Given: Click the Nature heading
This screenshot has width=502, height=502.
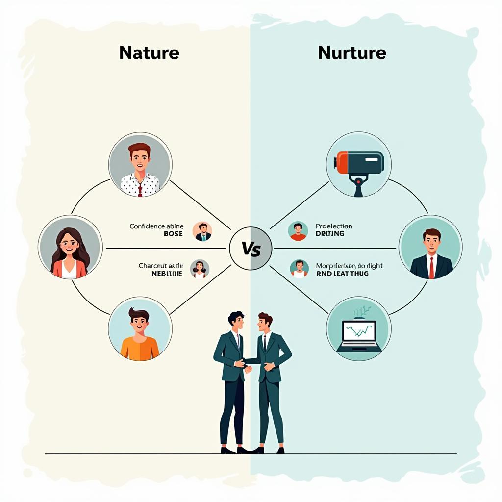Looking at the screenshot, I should (x=149, y=53).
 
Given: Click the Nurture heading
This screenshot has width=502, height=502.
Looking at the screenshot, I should (x=351, y=53).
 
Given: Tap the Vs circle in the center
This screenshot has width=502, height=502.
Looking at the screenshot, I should (x=251, y=248).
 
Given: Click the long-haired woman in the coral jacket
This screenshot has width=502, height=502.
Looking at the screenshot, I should (x=70, y=247).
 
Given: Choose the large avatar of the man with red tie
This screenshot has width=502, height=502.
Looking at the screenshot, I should (x=430, y=247).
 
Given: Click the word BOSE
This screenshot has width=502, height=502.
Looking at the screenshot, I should (x=173, y=234).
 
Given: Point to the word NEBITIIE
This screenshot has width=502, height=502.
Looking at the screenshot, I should (x=167, y=274).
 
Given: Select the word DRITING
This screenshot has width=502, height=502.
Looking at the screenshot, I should (x=330, y=234).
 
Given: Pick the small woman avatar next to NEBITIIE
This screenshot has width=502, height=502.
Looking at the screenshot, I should (x=200, y=269).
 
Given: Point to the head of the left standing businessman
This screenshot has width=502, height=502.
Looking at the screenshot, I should (x=235, y=321).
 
